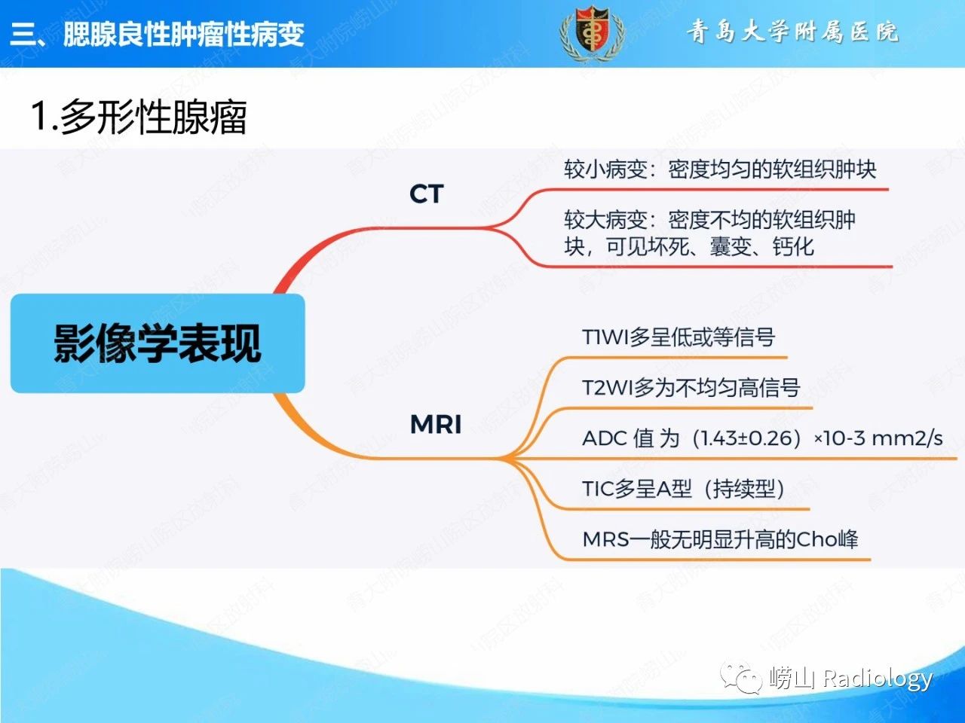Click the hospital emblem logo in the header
point(592,33)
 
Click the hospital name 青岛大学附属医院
point(792,32)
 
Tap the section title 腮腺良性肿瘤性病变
point(183,34)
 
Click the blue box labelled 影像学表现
point(158,343)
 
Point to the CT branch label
point(426,194)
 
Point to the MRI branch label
point(435,424)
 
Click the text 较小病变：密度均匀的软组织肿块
point(720,169)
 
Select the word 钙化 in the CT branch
point(793,246)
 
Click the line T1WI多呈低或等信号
point(678,337)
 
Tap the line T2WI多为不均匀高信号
point(690,388)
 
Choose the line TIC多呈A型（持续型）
point(682,489)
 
